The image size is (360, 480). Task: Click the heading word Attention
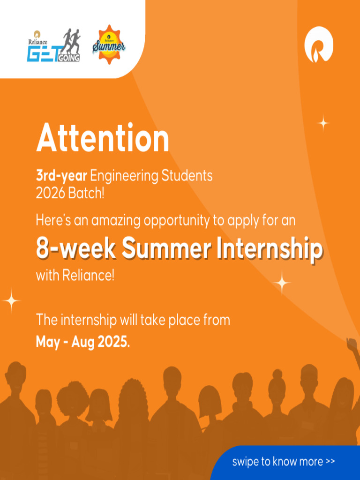click(103, 138)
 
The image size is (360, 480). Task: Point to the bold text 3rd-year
click(61, 176)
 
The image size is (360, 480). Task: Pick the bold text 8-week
click(76, 248)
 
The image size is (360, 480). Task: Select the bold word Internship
click(270, 248)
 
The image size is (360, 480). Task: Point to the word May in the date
click(47, 342)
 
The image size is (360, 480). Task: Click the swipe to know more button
click(284, 462)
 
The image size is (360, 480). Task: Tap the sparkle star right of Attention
click(323, 123)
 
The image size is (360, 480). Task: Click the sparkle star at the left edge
click(11, 300)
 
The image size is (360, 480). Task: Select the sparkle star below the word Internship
click(282, 283)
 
